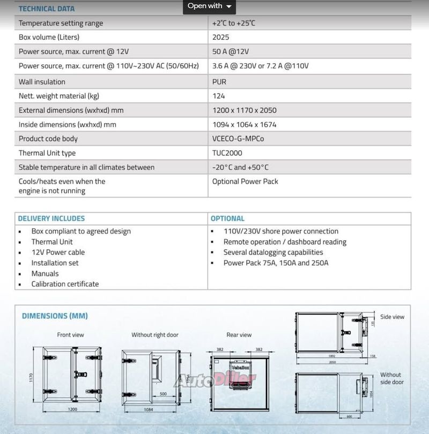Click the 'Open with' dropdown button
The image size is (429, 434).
pos(209,6)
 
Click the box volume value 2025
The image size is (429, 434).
pos(220,38)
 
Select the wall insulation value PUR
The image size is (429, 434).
pos(219,82)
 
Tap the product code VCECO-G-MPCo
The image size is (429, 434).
pos(238,139)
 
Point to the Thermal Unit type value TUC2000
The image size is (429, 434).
pos(227,153)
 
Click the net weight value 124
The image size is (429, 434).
pos(218,96)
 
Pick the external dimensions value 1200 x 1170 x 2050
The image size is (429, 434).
pos(244,110)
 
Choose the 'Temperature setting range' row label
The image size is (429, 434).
pos(61,23)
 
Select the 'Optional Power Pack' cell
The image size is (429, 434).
pos(245,182)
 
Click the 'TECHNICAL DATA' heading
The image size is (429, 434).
pos(47,9)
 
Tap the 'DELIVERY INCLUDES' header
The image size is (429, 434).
pos(51,219)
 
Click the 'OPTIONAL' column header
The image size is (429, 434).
pos(227,219)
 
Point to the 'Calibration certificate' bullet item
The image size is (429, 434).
pos(65,284)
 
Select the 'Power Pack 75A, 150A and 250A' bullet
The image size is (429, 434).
pos(276,263)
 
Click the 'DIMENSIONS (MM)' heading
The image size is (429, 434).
pos(55,316)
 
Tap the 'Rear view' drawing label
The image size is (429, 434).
pos(239,335)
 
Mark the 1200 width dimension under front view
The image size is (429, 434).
pos(72,409)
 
